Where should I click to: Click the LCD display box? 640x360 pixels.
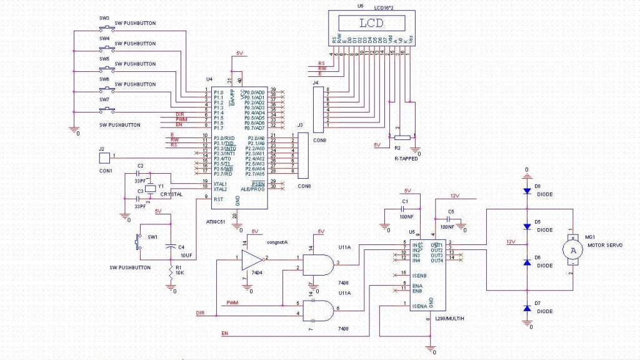[371, 23]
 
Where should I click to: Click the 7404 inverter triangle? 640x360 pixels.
[252, 257]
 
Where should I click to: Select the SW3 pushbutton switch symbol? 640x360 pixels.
[106, 28]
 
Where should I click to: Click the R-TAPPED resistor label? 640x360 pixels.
[406, 159]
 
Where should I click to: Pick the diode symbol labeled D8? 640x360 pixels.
[526, 190]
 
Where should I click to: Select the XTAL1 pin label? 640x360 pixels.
[221, 184]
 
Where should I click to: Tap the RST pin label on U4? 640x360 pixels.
[218, 199]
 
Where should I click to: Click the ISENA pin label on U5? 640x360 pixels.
[419, 307]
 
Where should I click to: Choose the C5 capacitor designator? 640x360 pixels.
[451, 211]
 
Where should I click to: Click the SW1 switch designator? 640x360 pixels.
[153, 237]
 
